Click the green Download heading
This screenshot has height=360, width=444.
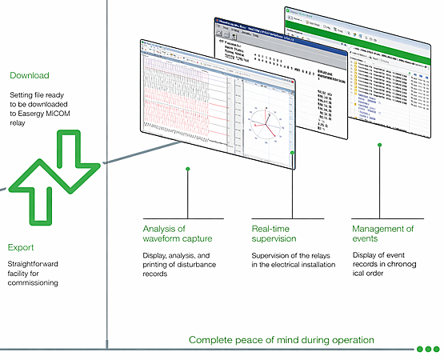(x=30, y=76)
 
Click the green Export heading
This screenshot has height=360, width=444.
(x=22, y=247)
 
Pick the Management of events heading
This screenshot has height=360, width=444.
(x=383, y=234)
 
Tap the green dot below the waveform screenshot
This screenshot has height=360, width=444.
(x=188, y=169)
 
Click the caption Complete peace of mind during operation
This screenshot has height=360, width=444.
(x=281, y=340)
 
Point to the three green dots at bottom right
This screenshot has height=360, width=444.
(x=428, y=349)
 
